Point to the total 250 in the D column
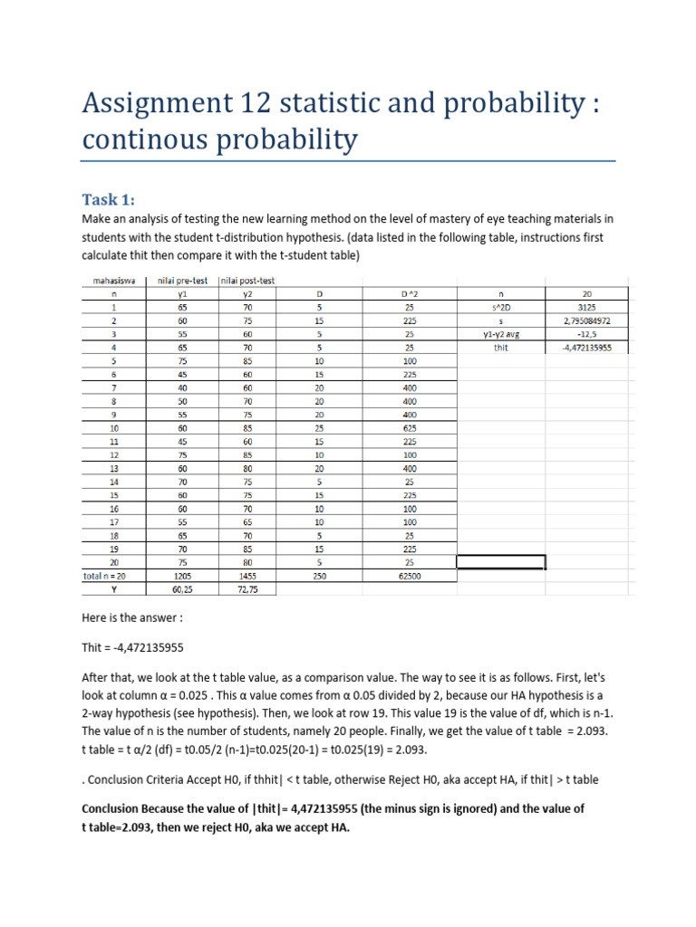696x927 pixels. tap(319, 574)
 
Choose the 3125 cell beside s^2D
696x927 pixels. tap(586, 306)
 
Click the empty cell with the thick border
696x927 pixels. tap(501, 561)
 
